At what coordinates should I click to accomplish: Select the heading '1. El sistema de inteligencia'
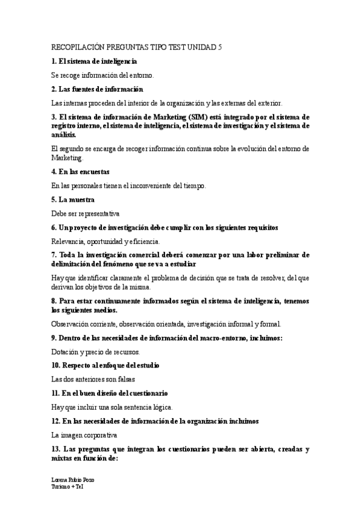[x=95, y=61]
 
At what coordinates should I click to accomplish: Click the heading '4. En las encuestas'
[x=80, y=172]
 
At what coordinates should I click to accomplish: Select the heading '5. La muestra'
[x=71, y=199]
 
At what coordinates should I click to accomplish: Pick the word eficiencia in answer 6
[x=144, y=241]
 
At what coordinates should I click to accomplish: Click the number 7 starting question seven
[x=54, y=255]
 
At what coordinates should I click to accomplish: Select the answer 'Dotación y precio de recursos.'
[x=96, y=351]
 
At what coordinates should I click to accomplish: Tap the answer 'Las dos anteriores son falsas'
[x=93, y=379]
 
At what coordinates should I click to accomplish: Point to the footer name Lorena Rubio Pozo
[x=73, y=480]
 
